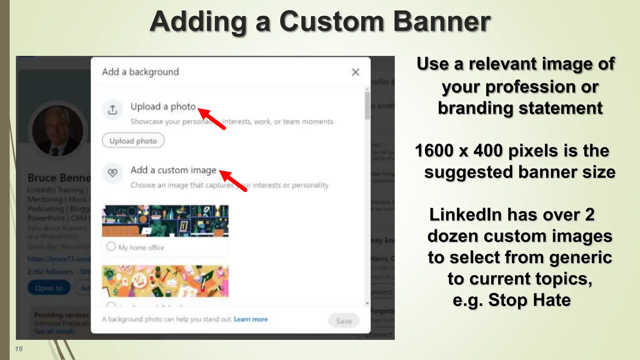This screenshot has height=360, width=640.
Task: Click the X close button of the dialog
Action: coord(355,72)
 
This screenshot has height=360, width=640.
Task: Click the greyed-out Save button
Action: coord(344,321)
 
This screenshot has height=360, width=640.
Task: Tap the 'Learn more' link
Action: coord(251,319)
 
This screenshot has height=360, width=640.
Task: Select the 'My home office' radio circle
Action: coord(111,247)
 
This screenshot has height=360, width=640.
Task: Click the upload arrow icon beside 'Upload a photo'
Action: coord(112,110)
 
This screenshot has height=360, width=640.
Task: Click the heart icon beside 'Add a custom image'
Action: coord(112,172)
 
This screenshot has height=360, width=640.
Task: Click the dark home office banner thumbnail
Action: coord(165,221)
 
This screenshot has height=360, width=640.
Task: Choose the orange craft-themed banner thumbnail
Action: coord(165,281)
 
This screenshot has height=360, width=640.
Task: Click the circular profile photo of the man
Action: coord(57,130)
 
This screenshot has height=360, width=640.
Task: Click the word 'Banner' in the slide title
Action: coord(442,22)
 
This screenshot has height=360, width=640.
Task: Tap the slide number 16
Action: coord(19,349)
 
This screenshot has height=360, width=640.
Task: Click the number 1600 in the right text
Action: coord(434,151)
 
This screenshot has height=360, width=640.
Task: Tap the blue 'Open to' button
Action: coord(49,288)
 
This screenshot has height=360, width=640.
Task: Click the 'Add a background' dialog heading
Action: coord(140,72)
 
